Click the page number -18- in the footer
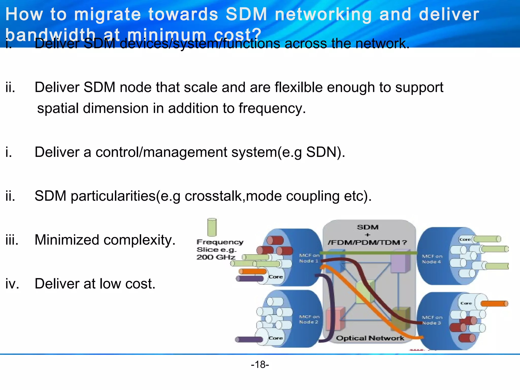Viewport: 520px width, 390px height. pos(260,365)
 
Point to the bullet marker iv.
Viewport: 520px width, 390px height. pos(12,284)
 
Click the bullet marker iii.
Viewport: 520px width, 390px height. pos(12,240)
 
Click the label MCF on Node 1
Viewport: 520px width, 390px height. pos(309,258)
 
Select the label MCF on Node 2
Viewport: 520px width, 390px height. pos(309,319)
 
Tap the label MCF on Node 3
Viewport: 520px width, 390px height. pos(432,320)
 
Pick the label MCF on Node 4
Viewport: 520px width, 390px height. pos(432,259)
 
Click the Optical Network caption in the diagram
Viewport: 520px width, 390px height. pos(370,338)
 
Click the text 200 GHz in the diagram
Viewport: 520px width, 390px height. pos(216,257)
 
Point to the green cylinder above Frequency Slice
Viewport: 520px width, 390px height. pos(212,227)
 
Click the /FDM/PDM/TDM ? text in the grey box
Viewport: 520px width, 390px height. pos(367,242)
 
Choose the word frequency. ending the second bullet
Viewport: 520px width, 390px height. pos(272,108)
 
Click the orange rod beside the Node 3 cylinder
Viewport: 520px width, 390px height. pos(494,303)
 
